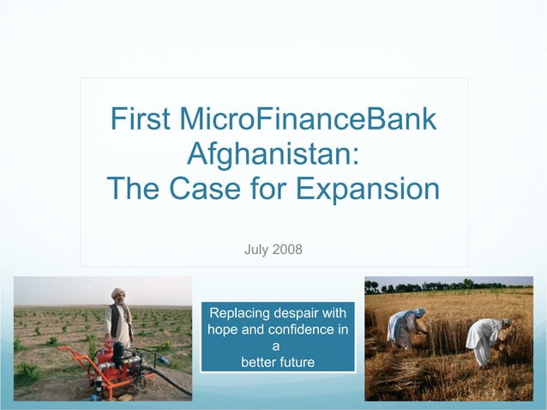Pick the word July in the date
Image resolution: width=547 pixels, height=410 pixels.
[x=257, y=250]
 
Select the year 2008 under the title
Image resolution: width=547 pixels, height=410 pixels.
[x=288, y=250]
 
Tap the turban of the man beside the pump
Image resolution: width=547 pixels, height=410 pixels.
[x=117, y=293]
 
